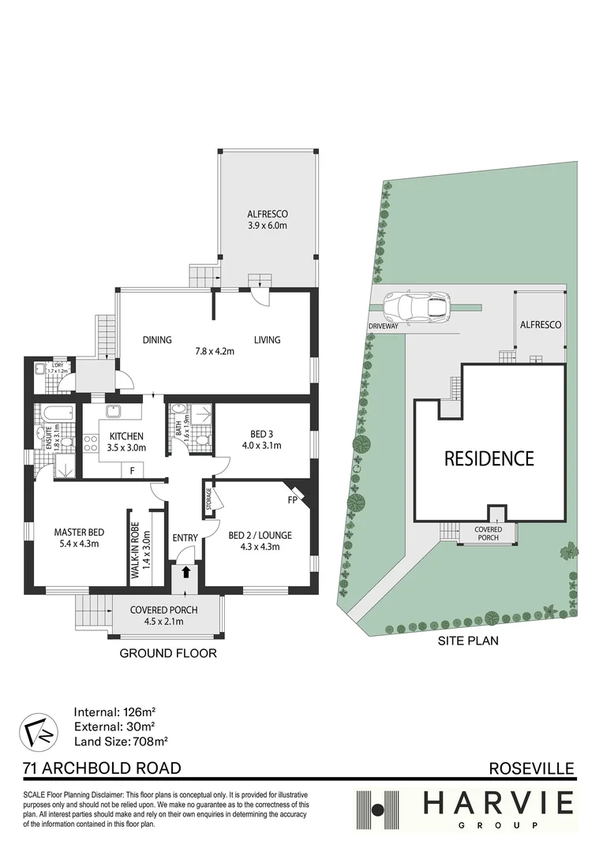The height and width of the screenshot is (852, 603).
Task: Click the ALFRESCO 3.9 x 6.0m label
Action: (x=267, y=219)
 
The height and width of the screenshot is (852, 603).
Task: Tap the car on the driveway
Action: (x=417, y=307)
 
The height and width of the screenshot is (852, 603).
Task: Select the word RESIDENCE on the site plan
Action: (x=489, y=458)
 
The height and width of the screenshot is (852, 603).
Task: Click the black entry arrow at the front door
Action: (x=185, y=571)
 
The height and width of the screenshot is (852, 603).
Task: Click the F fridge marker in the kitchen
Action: (x=132, y=470)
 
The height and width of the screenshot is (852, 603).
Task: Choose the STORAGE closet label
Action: (x=209, y=499)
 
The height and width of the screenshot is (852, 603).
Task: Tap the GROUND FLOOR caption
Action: (x=168, y=653)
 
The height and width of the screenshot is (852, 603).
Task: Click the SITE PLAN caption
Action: (x=468, y=641)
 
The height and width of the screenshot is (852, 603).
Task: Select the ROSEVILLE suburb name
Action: (x=532, y=768)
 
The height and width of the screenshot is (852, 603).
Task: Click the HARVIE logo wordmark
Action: (x=499, y=805)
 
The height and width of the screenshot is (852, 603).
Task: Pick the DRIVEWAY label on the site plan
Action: (x=384, y=327)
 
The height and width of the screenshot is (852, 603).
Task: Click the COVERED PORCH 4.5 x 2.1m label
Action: (x=163, y=615)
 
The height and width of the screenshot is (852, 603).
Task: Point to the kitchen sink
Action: (x=114, y=411)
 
